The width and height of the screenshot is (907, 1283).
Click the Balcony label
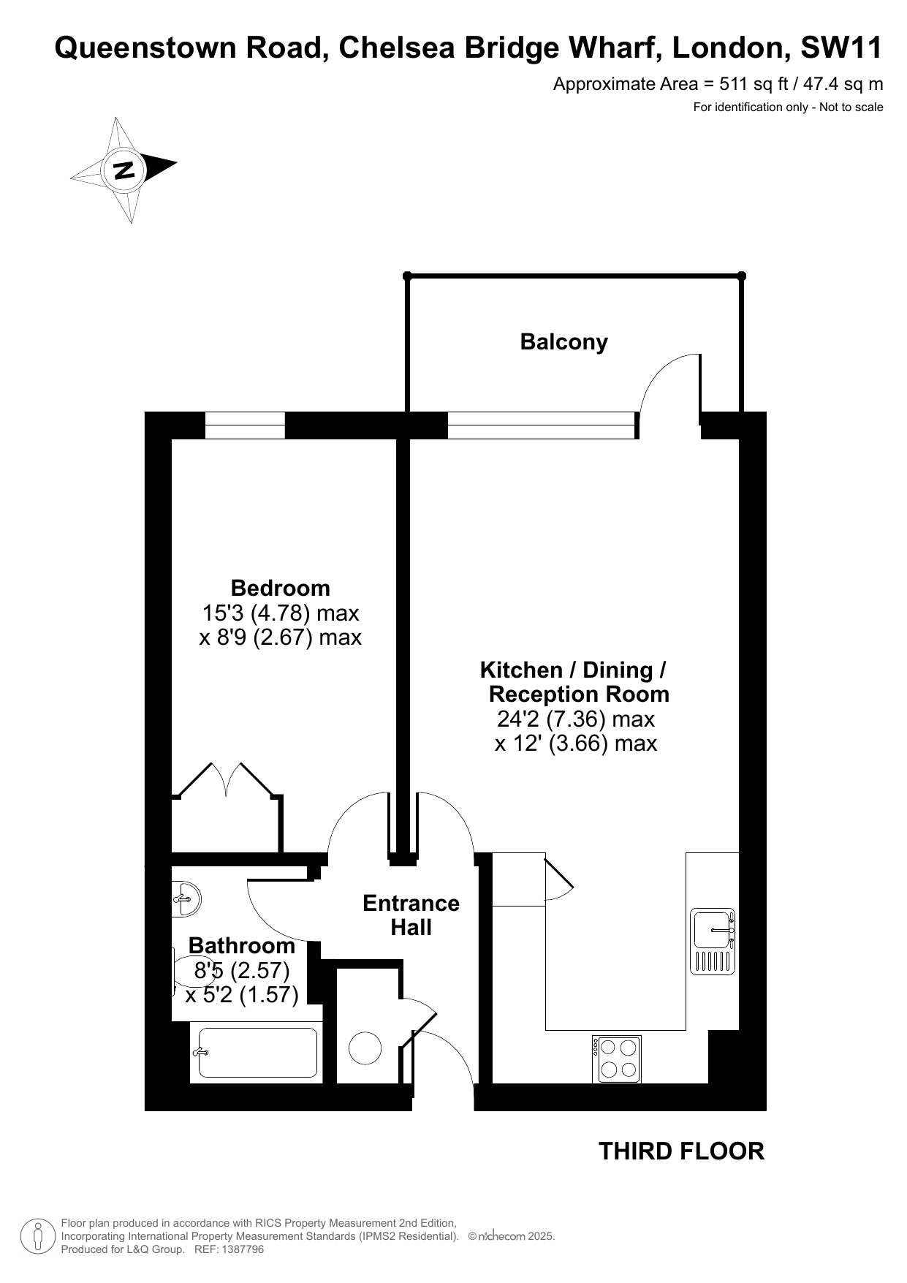[x=563, y=342]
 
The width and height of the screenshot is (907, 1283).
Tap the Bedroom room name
[x=280, y=588]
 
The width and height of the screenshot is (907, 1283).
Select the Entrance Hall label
[x=411, y=915]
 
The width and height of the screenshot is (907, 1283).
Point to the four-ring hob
[x=617, y=1059]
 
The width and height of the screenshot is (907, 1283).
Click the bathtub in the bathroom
[x=258, y=1053]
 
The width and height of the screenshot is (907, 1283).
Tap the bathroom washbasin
[x=186, y=898]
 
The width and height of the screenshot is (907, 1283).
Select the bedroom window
[x=245, y=425]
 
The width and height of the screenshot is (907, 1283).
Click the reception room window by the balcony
[x=541, y=425]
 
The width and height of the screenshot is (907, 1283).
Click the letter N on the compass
[x=124, y=170]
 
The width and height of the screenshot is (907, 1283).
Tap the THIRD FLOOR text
[x=681, y=1151]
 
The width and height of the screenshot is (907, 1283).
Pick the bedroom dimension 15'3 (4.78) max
[x=280, y=613]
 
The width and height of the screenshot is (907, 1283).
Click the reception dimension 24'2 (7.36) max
[x=575, y=719]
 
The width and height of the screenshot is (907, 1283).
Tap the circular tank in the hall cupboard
[x=365, y=1048]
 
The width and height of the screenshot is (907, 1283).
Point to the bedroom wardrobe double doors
[x=227, y=780]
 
